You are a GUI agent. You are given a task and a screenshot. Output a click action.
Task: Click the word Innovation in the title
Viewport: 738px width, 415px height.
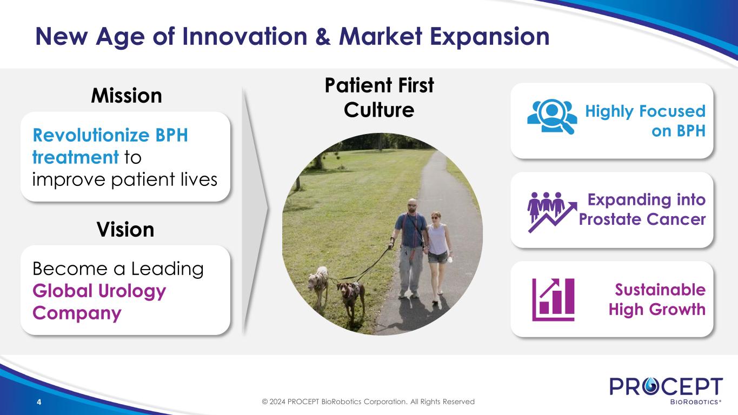click(x=245, y=36)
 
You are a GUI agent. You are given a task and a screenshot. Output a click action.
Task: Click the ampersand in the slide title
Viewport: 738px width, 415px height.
click(x=323, y=36)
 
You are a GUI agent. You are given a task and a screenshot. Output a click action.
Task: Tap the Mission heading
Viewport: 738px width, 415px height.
click(x=127, y=96)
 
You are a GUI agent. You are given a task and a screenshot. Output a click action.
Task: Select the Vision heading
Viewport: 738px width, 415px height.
click(x=125, y=230)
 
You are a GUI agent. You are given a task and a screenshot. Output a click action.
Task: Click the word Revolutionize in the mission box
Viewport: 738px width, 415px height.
click(x=91, y=135)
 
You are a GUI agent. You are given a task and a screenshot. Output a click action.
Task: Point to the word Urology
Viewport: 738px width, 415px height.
click(x=132, y=292)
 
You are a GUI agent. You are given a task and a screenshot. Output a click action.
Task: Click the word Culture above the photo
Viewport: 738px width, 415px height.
click(x=379, y=110)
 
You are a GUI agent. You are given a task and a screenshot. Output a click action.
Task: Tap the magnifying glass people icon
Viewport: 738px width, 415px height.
click(x=552, y=116)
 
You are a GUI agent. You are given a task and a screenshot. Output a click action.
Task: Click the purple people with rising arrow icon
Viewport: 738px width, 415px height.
click(x=552, y=212)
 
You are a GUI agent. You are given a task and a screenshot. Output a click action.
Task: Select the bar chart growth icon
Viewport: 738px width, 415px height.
click(x=553, y=299)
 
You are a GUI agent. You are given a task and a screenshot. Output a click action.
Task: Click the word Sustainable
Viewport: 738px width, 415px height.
click(x=660, y=290)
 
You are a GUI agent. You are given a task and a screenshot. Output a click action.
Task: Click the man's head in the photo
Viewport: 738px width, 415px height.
click(x=412, y=205)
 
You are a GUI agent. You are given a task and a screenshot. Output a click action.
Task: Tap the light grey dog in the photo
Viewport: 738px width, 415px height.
click(x=318, y=284)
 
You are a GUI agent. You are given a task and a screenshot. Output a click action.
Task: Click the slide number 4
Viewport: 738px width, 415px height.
click(x=39, y=402)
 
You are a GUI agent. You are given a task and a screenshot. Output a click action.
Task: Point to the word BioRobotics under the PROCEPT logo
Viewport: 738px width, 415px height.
click(x=695, y=402)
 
